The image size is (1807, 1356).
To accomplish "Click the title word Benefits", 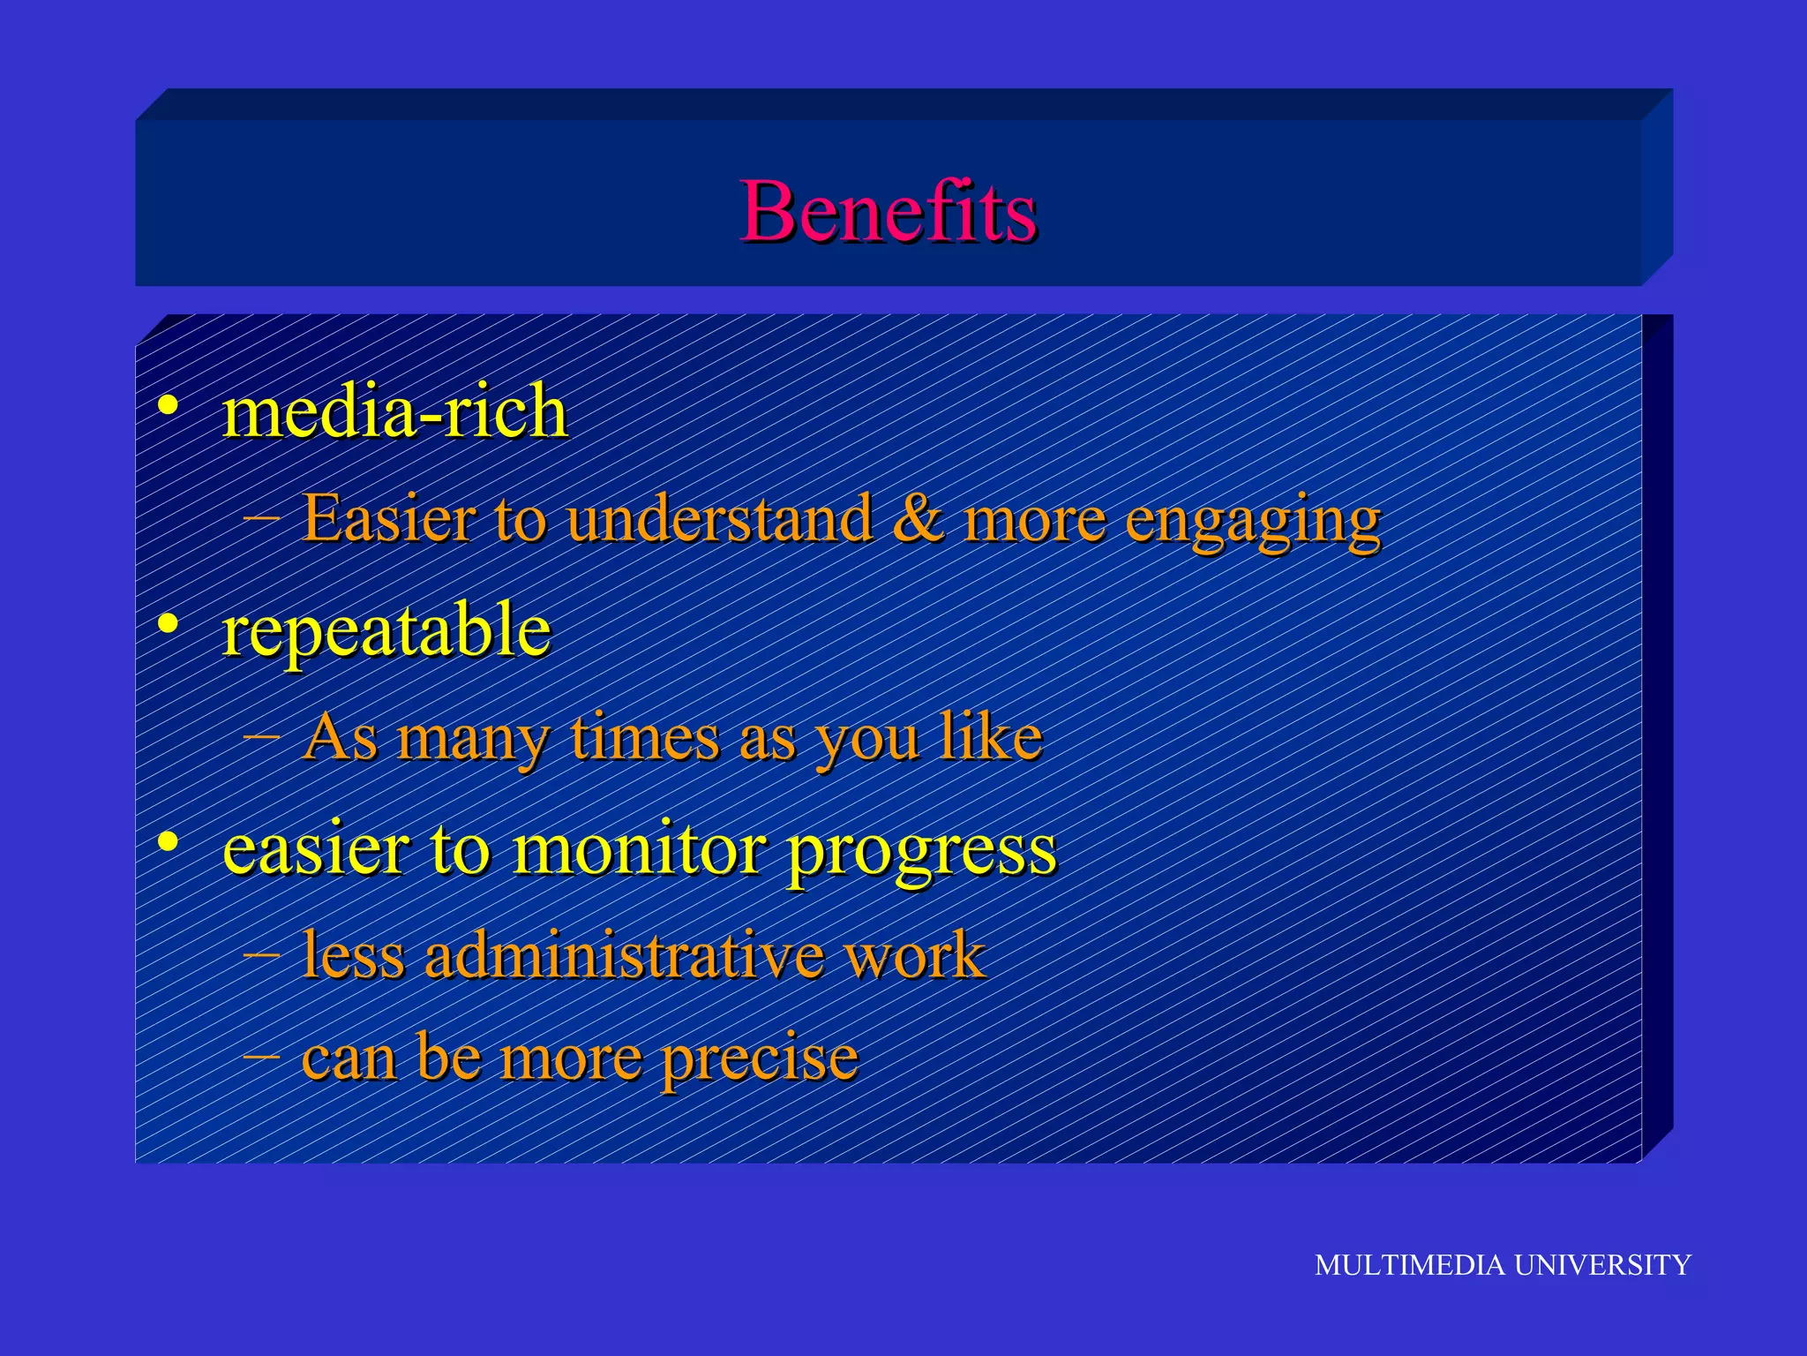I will pyautogui.click(x=888, y=211).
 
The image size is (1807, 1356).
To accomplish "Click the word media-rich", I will pyautogui.click(x=394, y=412).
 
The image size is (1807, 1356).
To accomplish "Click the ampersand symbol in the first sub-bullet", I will pyautogui.click(x=918, y=519).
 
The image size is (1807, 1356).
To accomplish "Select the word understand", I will pyautogui.click(x=719, y=519).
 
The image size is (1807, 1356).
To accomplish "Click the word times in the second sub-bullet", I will pyautogui.click(x=645, y=737).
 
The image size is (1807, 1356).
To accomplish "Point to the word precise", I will pyautogui.click(x=760, y=1058).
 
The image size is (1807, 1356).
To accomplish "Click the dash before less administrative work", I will pyautogui.click(x=261, y=954).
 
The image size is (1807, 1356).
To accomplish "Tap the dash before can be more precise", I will pyautogui.click(x=261, y=1055).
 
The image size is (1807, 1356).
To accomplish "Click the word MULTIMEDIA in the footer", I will pyautogui.click(x=1409, y=1265).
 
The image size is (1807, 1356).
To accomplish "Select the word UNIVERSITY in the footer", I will pyautogui.click(x=1602, y=1265).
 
